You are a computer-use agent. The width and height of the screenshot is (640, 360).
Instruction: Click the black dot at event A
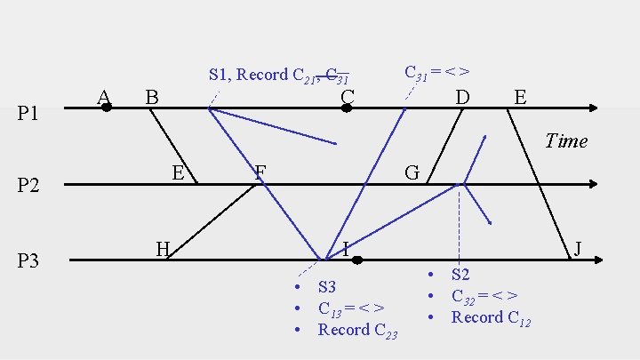tap(106, 108)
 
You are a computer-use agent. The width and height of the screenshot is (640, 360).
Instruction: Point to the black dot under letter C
tap(348, 108)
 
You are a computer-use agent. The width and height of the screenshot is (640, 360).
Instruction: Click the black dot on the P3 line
tap(356, 260)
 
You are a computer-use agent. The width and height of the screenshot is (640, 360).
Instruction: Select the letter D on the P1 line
tap(462, 95)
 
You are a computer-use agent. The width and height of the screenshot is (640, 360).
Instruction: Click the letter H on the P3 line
tap(163, 248)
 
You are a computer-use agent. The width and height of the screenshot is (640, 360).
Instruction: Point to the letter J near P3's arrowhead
tap(579, 248)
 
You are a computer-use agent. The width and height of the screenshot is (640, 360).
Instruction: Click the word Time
tap(566, 140)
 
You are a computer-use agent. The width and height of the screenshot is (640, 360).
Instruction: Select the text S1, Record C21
tap(259, 75)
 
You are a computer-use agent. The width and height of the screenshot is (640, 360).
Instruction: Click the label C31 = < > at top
tap(436, 72)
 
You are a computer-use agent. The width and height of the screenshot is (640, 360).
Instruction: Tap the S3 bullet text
tap(327, 287)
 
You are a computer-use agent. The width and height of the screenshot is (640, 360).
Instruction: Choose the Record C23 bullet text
tap(357, 330)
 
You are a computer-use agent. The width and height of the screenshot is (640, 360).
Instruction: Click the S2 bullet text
tap(460, 275)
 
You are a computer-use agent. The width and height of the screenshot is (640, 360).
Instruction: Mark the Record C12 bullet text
tap(491, 317)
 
